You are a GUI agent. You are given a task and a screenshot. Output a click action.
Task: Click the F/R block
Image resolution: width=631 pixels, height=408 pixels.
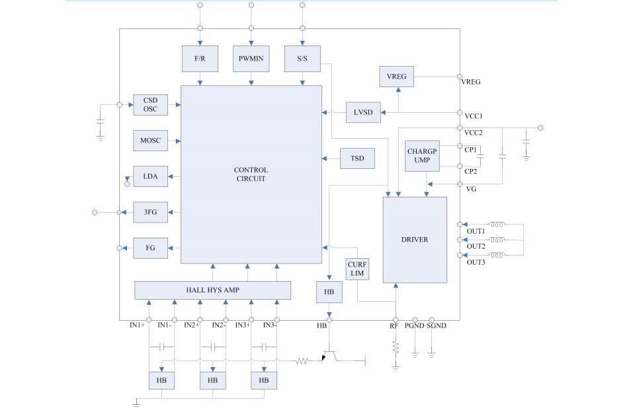(200, 59)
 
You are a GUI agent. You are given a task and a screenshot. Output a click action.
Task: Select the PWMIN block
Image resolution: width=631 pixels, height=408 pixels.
(251, 59)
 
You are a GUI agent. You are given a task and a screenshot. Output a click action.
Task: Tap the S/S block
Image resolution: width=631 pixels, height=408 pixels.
(302, 59)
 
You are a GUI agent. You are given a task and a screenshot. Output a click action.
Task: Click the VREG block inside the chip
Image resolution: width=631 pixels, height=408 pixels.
(396, 77)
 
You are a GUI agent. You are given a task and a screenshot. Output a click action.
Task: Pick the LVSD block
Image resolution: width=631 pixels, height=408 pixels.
(363, 112)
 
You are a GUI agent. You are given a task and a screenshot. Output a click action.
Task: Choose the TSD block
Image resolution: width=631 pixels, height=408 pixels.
(357, 158)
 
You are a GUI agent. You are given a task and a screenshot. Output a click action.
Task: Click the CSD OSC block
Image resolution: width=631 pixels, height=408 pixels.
(150, 105)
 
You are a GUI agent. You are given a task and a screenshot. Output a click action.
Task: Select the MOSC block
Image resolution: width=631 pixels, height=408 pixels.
(150, 141)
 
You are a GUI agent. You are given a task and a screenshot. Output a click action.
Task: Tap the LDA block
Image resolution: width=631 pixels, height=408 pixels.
(150, 176)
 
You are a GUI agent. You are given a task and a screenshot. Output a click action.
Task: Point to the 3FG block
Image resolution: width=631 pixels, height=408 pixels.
(150, 212)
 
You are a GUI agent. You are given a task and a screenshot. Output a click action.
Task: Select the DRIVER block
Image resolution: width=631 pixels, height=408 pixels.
(415, 240)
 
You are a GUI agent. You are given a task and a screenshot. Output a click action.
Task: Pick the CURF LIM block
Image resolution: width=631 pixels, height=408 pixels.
(357, 269)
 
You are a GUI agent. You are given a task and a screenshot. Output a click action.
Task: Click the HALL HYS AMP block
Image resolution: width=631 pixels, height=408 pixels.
(212, 290)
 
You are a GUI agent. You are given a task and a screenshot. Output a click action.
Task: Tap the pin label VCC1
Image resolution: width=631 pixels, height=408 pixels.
(474, 116)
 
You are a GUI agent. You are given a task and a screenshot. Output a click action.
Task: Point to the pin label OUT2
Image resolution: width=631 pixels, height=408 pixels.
(476, 246)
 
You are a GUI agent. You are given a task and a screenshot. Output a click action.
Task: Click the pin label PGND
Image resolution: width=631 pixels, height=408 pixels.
(415, 325)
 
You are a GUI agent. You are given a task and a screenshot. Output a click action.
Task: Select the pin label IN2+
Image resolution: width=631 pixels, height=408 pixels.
(192, 325)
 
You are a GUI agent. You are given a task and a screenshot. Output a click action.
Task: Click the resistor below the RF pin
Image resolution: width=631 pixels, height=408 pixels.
(396, 347)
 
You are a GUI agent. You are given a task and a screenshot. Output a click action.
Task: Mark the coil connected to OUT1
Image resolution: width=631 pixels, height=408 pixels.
(496, 224)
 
